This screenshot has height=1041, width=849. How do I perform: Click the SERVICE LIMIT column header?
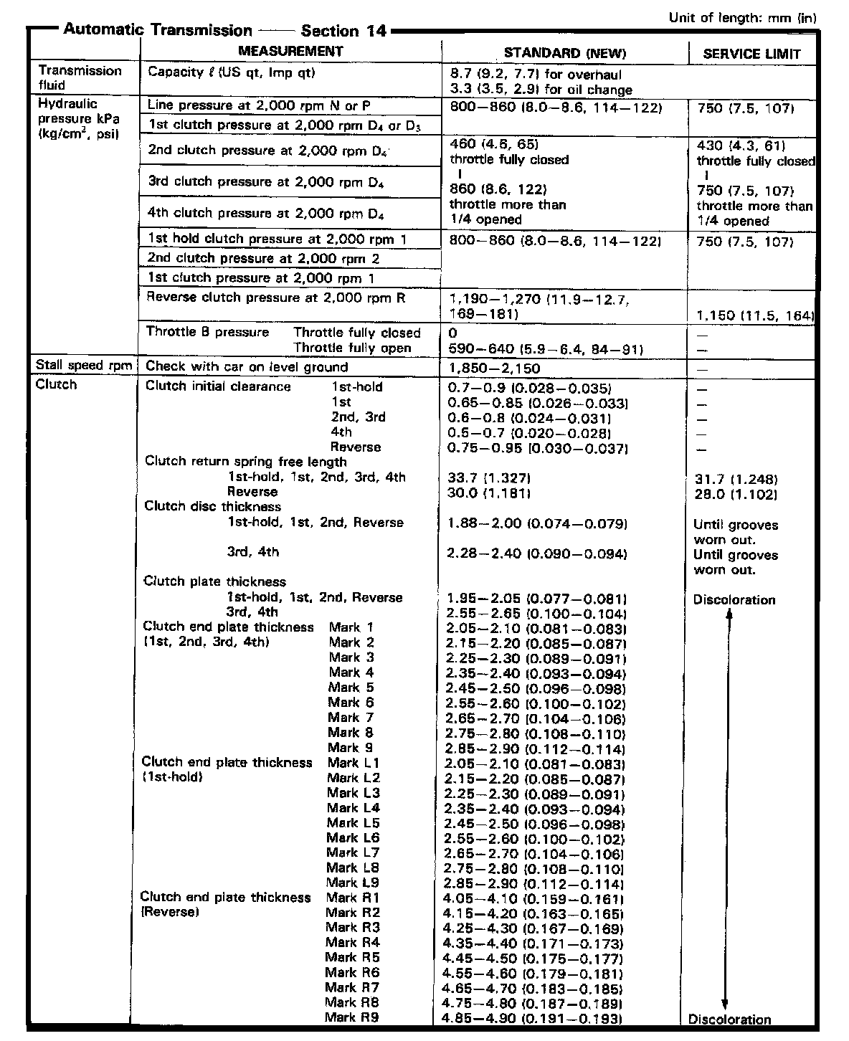coord(751,54)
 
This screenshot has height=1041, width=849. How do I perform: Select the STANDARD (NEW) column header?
coord(564,53)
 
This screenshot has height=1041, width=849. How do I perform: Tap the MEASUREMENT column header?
coord(290,51)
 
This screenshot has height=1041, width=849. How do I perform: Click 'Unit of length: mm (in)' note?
coord(742,18)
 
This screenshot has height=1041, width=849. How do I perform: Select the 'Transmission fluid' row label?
coord(80,77)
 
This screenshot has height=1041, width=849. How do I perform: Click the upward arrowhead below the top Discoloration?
coord(730,614)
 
